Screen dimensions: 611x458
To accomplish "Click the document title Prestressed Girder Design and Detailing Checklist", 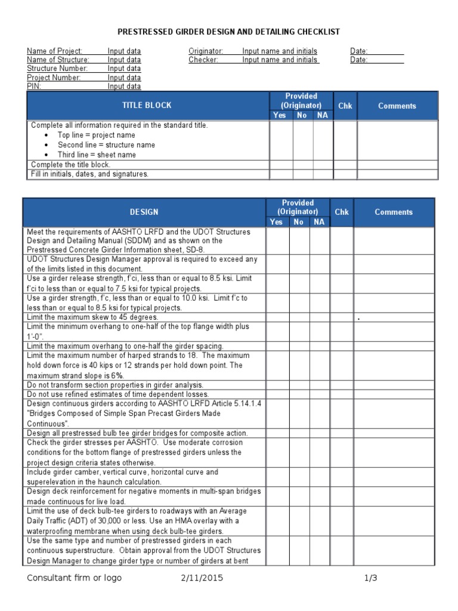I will coord(229,32).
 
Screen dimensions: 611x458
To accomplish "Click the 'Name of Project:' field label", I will coord(55,51).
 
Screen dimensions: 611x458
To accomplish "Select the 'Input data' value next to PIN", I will coord(124,87).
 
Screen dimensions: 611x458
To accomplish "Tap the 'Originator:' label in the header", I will coord(206,51).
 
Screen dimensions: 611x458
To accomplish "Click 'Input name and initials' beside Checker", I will coord(280,60).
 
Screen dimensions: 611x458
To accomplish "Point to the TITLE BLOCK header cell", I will coord(147,105).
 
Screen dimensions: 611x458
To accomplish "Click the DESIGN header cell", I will coord(144,212).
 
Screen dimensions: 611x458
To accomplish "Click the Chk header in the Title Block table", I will coord(345,106).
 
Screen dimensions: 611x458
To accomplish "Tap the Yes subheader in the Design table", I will coord(276,222).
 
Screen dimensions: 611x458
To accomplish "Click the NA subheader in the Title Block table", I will coord(322,115).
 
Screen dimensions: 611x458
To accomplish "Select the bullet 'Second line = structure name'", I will coord(106,145).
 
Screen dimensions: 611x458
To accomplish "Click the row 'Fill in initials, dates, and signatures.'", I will coord(89,174).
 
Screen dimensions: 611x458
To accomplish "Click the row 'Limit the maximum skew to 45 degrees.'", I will coord(92,317).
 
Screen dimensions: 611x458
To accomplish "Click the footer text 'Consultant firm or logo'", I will coord(74,578).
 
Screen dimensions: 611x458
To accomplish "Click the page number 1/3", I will coord(371,578).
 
